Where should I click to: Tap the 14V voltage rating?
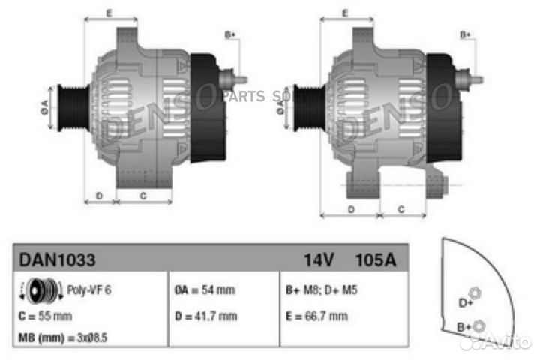(318, 259)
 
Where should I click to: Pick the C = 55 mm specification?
(45, 316)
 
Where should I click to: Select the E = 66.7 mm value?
(317, 316)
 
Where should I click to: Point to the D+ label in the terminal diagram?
(465, 302)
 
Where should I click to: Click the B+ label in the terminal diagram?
(464, 328)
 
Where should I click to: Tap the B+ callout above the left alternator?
(230, 34)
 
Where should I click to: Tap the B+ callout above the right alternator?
(465, 34)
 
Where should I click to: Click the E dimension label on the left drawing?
(109, 13)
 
